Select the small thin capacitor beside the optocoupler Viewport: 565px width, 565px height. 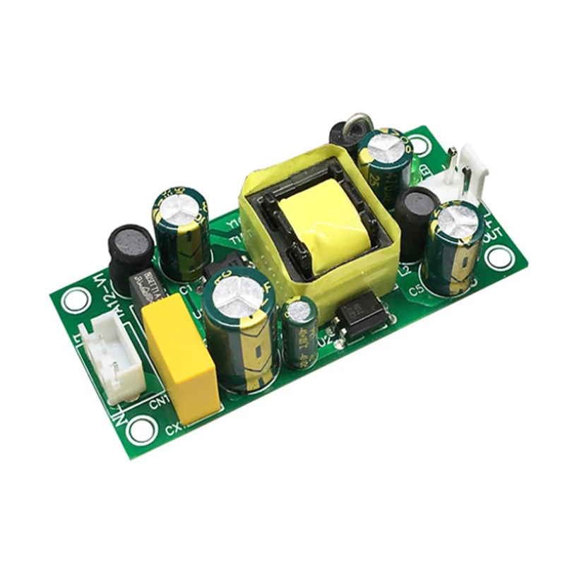(300, 332)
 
